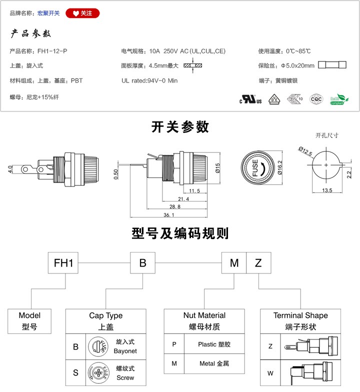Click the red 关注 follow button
(83, 13)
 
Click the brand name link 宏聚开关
(48, 13)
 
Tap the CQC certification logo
(316, 98)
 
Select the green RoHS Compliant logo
(337, 98)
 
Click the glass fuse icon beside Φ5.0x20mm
(332, 65)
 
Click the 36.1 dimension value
(168, 215)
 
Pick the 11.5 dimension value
(194, 191)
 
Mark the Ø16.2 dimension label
(280, 167)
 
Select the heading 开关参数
(180, 127)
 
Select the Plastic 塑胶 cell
(214, 344)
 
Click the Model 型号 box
(29, 321)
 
